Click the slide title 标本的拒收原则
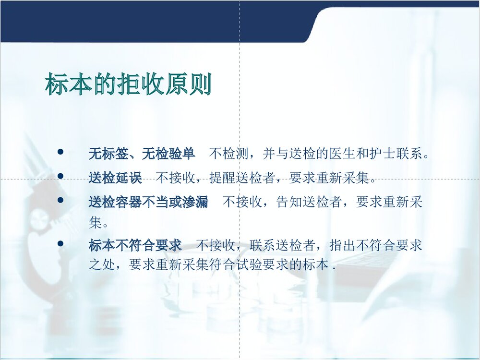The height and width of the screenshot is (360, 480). point(128,85)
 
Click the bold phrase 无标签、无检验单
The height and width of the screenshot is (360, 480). point(142,154)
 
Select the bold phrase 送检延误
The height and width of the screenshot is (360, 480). point(115,178)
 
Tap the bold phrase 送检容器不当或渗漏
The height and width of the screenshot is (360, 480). point(148,202)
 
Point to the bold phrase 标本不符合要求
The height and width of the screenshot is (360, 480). point(135,245)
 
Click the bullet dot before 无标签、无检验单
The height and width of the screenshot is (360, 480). point(60,152)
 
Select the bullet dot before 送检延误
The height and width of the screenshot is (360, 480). point(60,176)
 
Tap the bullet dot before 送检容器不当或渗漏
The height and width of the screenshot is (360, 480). point(60,200)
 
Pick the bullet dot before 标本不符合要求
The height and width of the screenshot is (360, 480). point(60,244)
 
